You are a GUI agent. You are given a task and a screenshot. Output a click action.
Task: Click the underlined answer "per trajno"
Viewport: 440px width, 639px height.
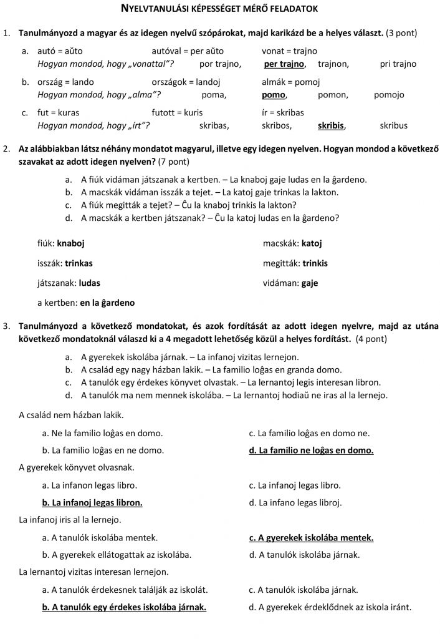point(284,64)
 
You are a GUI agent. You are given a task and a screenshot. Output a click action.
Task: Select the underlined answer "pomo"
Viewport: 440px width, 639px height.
point(274,95)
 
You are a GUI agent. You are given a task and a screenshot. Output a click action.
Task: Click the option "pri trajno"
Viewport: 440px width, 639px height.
point(398,64)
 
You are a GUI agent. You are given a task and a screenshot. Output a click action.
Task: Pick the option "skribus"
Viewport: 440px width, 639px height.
point(393,125)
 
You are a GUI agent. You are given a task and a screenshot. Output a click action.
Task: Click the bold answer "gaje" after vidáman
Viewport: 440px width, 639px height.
point(309,283)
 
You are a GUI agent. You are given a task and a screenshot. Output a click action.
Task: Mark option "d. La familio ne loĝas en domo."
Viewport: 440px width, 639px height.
point(311,450)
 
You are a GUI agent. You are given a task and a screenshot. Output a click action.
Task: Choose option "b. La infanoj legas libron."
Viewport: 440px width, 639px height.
point(92,502)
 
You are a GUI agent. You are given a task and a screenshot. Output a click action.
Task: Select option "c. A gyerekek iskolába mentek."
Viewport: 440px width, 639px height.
point(311,537)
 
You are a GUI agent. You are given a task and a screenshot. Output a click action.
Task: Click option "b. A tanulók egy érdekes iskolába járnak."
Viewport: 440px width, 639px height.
point(124,607)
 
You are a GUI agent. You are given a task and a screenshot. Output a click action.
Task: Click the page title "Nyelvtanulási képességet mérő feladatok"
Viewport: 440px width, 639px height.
point(220,9)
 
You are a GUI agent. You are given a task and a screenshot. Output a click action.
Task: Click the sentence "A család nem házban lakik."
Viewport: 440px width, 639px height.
point(72,414)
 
